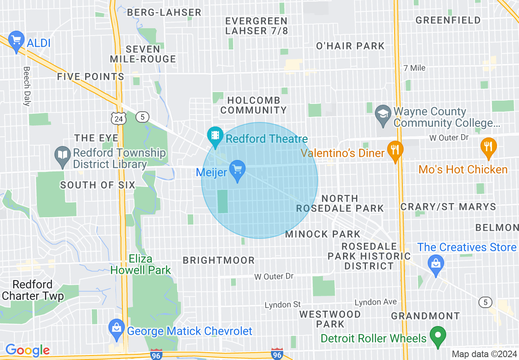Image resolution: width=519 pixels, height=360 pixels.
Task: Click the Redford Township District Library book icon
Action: (63, 156)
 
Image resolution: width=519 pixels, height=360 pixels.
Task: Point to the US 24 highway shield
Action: (119, 118)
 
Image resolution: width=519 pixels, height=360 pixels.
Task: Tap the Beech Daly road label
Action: (27, 86)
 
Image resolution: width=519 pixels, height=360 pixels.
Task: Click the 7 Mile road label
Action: (414, 68)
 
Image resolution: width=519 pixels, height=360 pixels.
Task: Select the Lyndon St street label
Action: (282, 305)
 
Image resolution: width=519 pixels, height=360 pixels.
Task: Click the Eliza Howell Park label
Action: (140, 264)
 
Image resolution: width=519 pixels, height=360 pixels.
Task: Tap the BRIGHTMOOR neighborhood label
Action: (219, 260)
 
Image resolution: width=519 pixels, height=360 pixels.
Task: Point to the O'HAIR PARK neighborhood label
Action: (350, 46)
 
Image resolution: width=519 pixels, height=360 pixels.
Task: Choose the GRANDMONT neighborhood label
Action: (425, 316)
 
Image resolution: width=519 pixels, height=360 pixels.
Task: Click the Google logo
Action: (27, 350)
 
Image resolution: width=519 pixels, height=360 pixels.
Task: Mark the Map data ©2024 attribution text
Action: (484, 354)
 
